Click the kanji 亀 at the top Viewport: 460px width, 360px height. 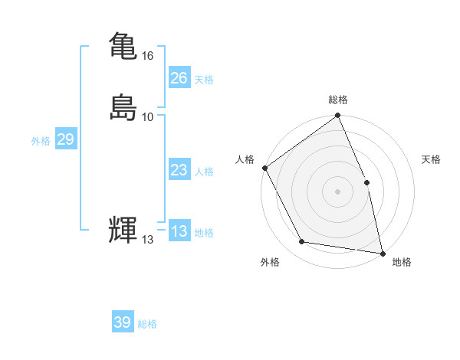(x=123, y=47)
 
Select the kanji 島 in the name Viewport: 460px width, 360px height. (x=123, y=108)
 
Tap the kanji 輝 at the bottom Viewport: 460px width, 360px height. (x=123, y=231)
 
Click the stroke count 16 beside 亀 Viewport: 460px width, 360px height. (x=148, y=56)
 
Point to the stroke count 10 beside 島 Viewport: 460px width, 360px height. (x=148, y=117)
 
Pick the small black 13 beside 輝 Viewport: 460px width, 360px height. (x=148, y=240)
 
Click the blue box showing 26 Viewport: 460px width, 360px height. (x=179, y=77)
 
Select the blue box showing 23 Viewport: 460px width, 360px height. (x=179, y=170)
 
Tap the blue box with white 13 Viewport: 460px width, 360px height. (x=179, y=231)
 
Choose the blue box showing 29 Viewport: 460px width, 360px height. (x=65, y=139)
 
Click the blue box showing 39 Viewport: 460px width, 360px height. (x=122, y=322)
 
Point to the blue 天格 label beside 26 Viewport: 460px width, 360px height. (x=204, y=79)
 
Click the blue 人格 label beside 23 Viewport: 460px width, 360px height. (x=204, y=172)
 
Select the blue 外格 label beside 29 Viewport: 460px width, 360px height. (x=41, y=141)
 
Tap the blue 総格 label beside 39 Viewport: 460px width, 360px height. (x=147, y=324)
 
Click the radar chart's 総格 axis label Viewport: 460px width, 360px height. (x=338, y=100)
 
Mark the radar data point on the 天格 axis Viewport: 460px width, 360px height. (x=366, y=182)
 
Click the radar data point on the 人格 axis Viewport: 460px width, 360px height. (x=264, y=168)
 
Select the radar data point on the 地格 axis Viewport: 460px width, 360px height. (x=382, y=253)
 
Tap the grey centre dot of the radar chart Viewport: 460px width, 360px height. (x=338, y=191)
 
